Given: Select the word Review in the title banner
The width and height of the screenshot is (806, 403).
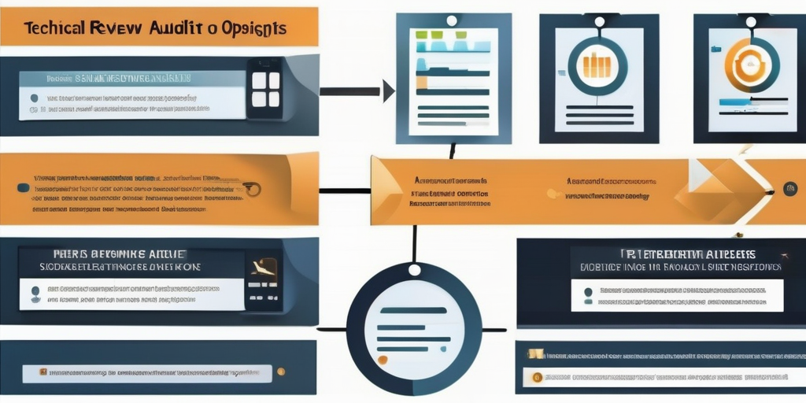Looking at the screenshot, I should tap(117, 28).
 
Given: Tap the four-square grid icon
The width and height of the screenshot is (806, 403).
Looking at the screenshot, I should tap(265, 89).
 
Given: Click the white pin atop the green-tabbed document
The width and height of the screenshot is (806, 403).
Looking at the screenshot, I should tap(452, 20).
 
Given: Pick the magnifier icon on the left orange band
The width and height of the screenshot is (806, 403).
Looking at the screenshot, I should tap(251, 188).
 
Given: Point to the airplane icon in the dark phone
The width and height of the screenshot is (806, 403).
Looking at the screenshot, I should tap(263, 270).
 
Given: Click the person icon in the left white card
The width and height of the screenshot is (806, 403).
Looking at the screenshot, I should tap(35, 294).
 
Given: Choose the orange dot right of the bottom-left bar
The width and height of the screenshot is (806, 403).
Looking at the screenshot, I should tap(282, 372).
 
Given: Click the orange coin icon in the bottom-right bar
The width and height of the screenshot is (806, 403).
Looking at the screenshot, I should tap(538, 377).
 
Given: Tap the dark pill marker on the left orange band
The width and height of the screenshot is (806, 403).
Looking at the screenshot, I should tap(23, 187).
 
